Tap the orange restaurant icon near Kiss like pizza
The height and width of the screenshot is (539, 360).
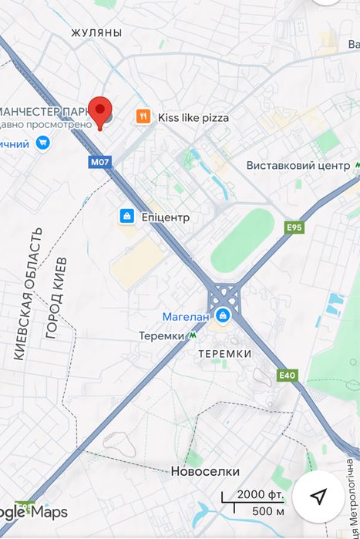pos(143,117)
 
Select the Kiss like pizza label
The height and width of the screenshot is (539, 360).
pos(193,118)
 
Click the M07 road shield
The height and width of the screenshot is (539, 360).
pos(99,163)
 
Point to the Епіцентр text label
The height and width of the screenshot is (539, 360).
pos(165,217)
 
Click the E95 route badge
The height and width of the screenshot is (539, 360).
pos(294,227)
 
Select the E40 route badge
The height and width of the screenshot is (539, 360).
pos(288,376)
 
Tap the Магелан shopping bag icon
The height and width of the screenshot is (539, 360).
pos(223,315)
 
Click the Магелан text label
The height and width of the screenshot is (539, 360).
pos(185,316)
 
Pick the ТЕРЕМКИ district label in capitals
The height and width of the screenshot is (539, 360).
pos(224,353)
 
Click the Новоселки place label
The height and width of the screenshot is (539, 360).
pos(205,471)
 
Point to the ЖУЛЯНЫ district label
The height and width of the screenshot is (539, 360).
pos(96,33)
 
